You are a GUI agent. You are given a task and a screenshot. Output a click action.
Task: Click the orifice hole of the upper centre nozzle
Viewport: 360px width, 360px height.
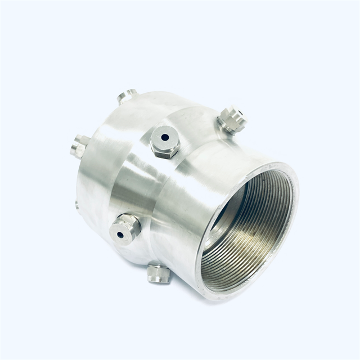coord(165,137)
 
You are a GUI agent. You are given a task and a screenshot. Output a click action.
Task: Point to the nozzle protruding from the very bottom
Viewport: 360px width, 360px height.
coord(159,274)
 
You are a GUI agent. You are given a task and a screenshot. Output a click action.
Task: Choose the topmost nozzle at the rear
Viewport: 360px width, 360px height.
coord(127,96)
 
